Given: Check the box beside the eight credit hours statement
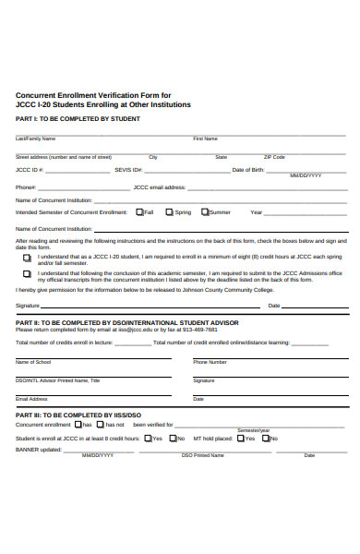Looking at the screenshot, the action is (27, 258).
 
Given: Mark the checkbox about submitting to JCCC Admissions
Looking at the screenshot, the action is (27, 274).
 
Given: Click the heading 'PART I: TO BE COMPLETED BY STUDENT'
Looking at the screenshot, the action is (66, 119).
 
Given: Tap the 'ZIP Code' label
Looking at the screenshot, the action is (274, 157).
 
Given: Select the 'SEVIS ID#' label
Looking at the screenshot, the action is (128, 170).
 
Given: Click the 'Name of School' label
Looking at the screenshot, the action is (33, 362).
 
